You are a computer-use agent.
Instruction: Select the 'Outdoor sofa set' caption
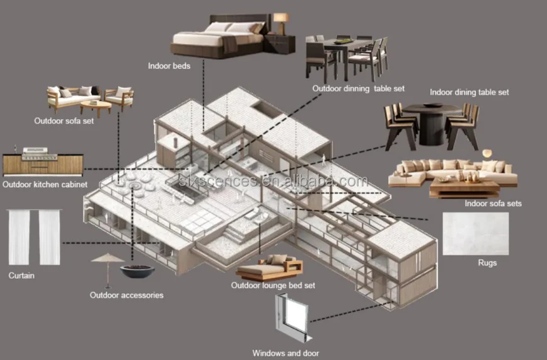[x=64, y=120]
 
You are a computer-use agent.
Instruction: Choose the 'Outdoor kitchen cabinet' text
[x=45, y=185]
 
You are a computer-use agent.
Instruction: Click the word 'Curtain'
[x=21, y=276]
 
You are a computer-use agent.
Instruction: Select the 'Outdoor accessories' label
[x=126, y=295]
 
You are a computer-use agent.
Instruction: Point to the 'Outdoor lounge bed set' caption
[x=273, y=286]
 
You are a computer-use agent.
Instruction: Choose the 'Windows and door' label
[x=285, y=353]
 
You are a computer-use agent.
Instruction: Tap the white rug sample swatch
[x=475, y=233]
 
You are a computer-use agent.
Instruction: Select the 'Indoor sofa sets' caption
[x=493, y=204]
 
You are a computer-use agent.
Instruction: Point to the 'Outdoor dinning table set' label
[x=358, y=89]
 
